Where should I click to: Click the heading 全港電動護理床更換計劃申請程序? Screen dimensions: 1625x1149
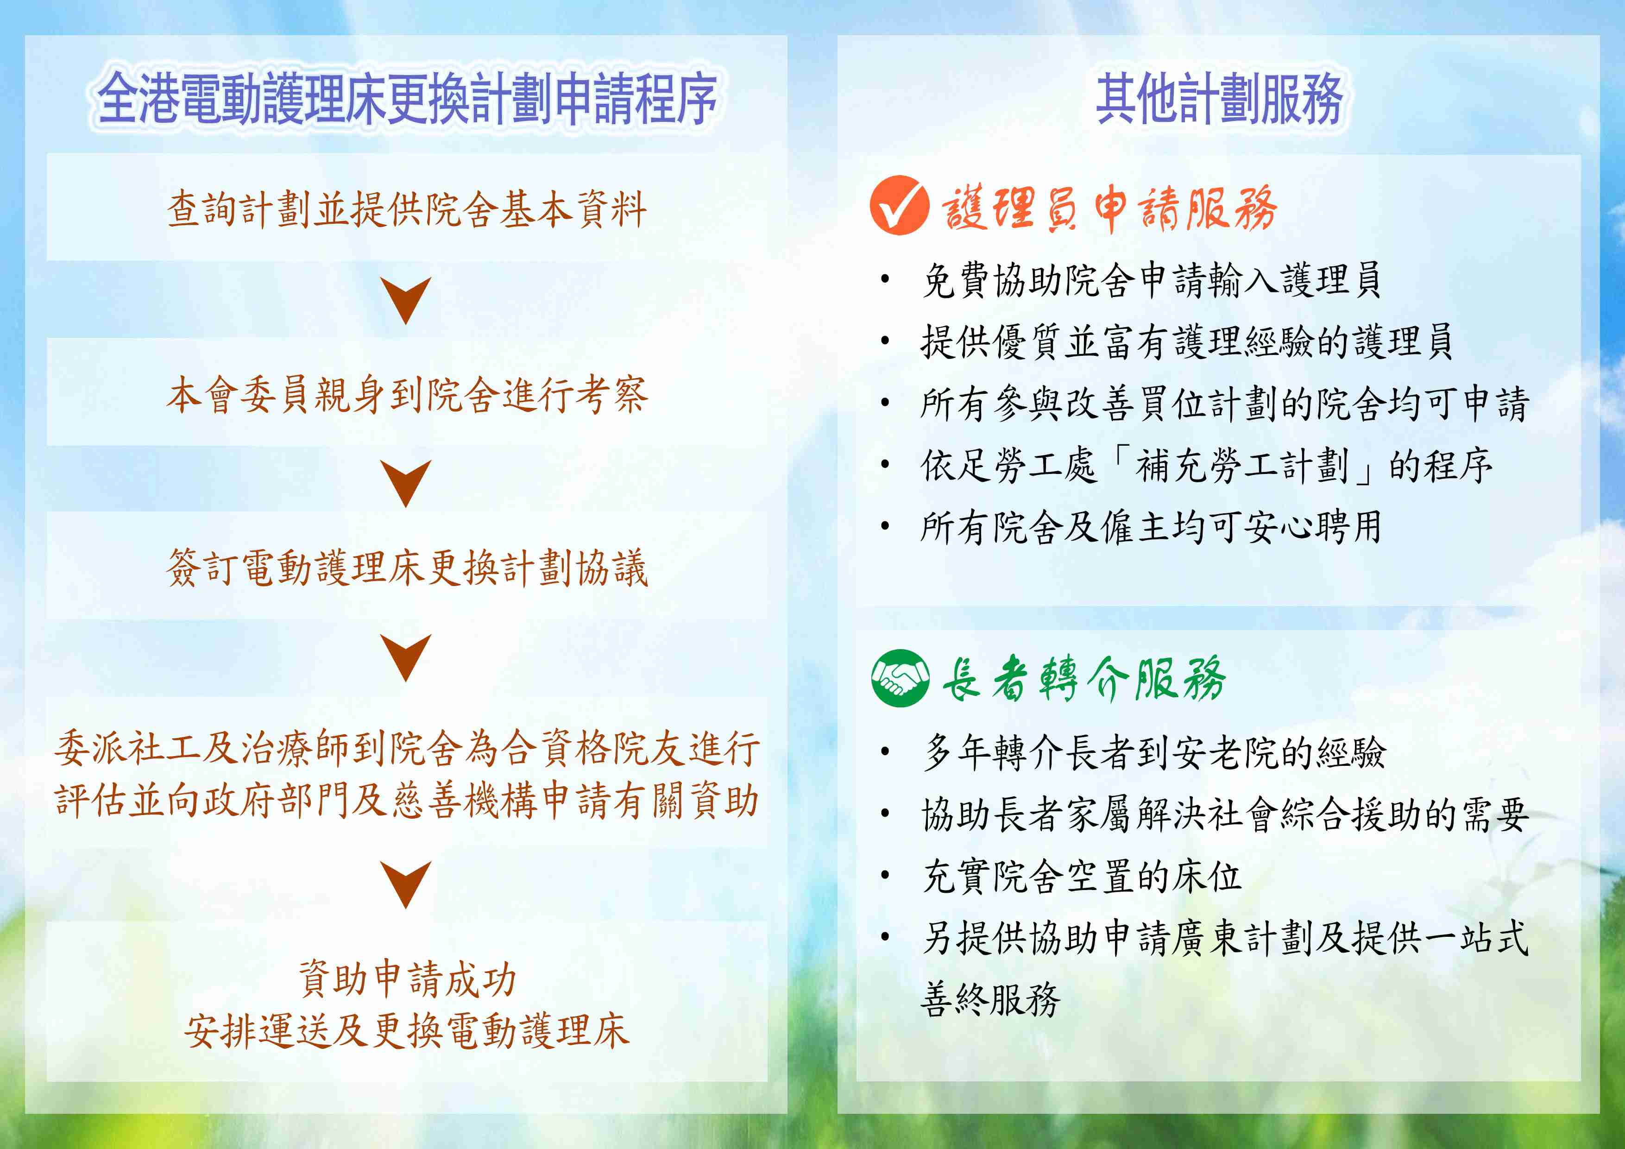tap(407, 98)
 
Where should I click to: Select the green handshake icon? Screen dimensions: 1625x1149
tap(900, 677)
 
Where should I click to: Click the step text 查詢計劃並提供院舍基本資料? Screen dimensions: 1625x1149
tap(407, 209)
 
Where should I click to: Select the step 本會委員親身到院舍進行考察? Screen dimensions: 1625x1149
tap(407, 394)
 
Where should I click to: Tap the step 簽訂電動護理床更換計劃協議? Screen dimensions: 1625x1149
tap(407, 568)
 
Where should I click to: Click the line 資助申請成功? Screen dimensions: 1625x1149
tap(407, 979)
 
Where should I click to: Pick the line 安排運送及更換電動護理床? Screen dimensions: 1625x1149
tap(407, 1030)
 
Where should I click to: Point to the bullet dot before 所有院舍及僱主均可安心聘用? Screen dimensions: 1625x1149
tap(885, 526)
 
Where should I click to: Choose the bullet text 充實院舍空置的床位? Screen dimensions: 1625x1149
tap(1082, 876)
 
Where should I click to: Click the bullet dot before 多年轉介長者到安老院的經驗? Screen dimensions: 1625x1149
tap(885, 752)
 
